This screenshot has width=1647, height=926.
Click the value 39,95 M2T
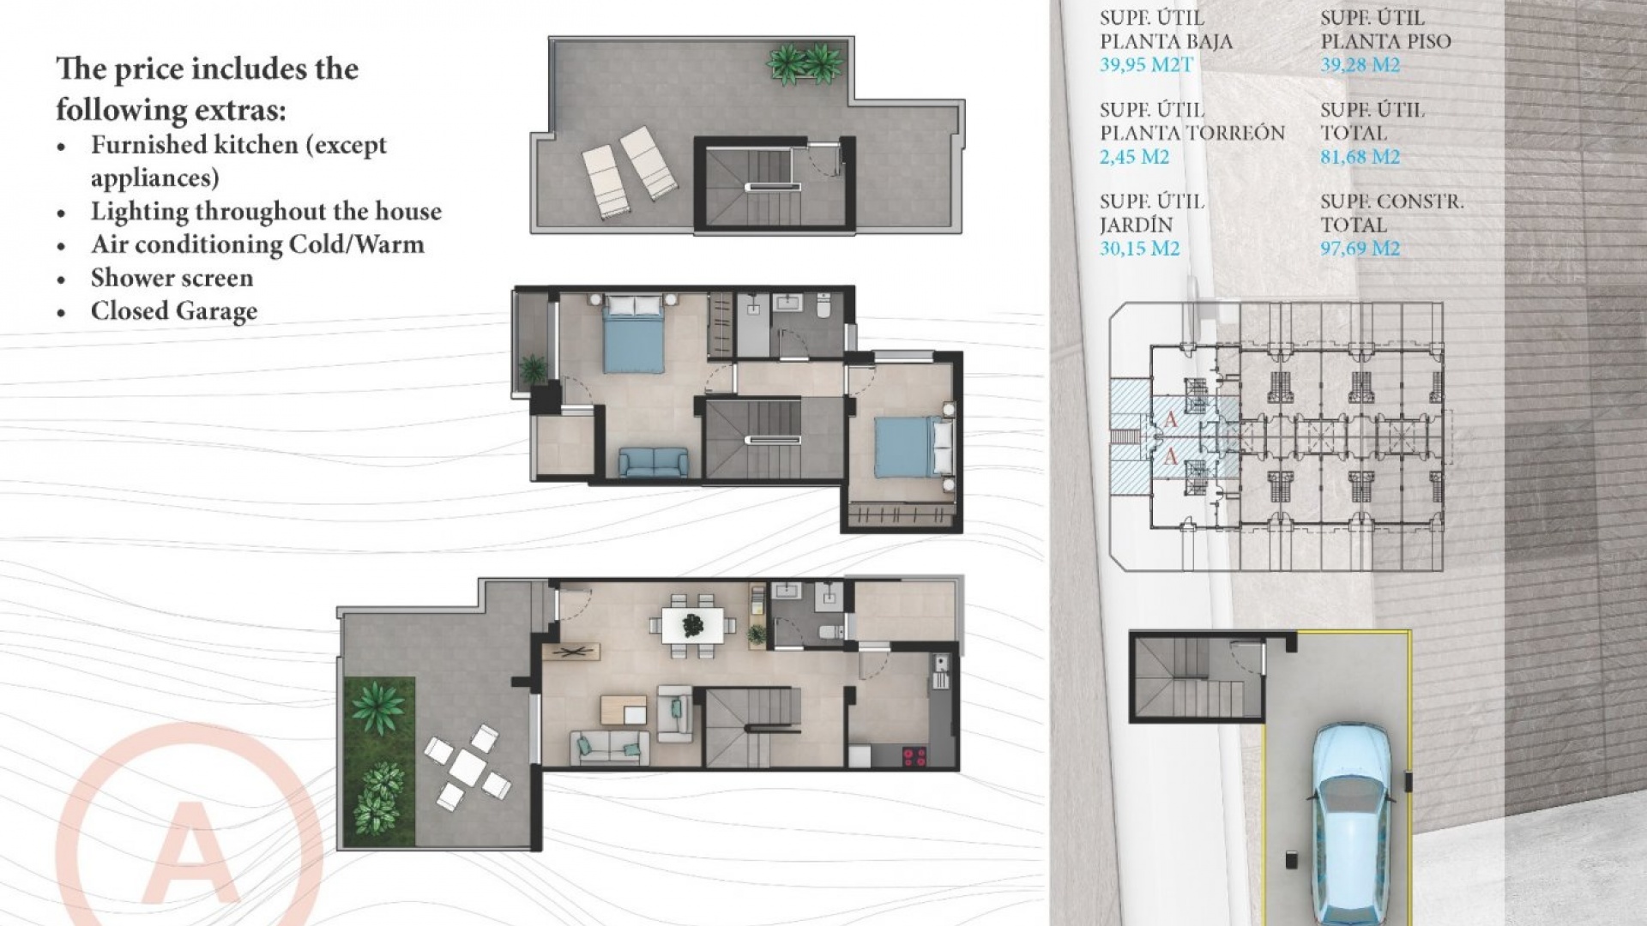(1146, 64)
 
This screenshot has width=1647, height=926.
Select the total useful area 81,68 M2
(1360, 157)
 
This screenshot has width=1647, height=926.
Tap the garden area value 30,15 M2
(1139, 249)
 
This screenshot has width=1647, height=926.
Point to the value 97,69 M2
(1360, 249)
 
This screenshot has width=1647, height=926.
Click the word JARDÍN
(1135, 225)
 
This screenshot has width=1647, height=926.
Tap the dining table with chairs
(692, 625)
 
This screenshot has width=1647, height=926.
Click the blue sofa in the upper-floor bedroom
(653, 462)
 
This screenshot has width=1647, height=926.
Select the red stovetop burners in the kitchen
(914, 756)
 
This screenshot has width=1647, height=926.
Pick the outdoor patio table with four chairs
(468, 767)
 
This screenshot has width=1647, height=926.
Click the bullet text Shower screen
(172, 278)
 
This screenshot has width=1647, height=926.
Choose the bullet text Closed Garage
(174, 311)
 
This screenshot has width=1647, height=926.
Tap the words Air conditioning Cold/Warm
(257, 244)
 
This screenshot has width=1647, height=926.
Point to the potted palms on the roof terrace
(804, 64)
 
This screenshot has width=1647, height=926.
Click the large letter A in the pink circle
(190, 853)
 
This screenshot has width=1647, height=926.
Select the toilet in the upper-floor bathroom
(823, 305)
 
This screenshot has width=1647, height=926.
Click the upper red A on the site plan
(1171, 419)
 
